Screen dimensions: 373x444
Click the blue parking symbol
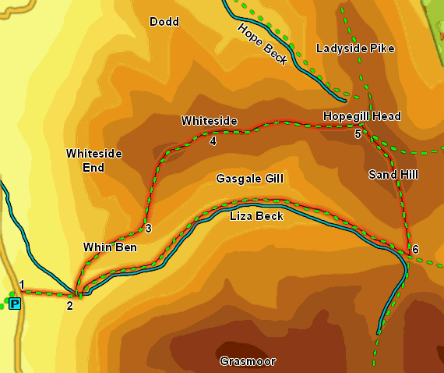pyautogui.click(x=15, y=304)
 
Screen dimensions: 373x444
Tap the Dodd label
pyautogui.click(x=164, y=22)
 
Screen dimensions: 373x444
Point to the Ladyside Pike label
pyautogui.click(x=355, y=48)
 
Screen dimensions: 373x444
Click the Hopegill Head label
pyautogui.click(x=361, y=116)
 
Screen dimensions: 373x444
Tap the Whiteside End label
pyautogui.click(x=93, y=160)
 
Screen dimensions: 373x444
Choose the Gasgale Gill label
pyautogui.click(x=248, y=179)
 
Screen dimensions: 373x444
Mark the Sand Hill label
pyautogui.click(x=393, y=175)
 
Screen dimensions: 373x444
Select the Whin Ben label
pyautogui.click(x=110, y=247)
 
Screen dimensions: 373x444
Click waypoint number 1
pyautogui.click(x=23, y=285)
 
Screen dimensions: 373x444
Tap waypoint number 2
pyautogui.click(x=69, y=305)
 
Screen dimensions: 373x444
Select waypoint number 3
pyautogui.click(x=147, y=229)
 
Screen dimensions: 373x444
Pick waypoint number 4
pyautogui.click(x=213, y=141)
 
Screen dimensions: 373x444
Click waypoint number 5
pyautogui.click(x=358, y=134)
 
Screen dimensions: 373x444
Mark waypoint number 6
pyautogui.click(x=415, y=250)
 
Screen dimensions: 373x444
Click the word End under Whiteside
pyautogui.click(x=93, y=166)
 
